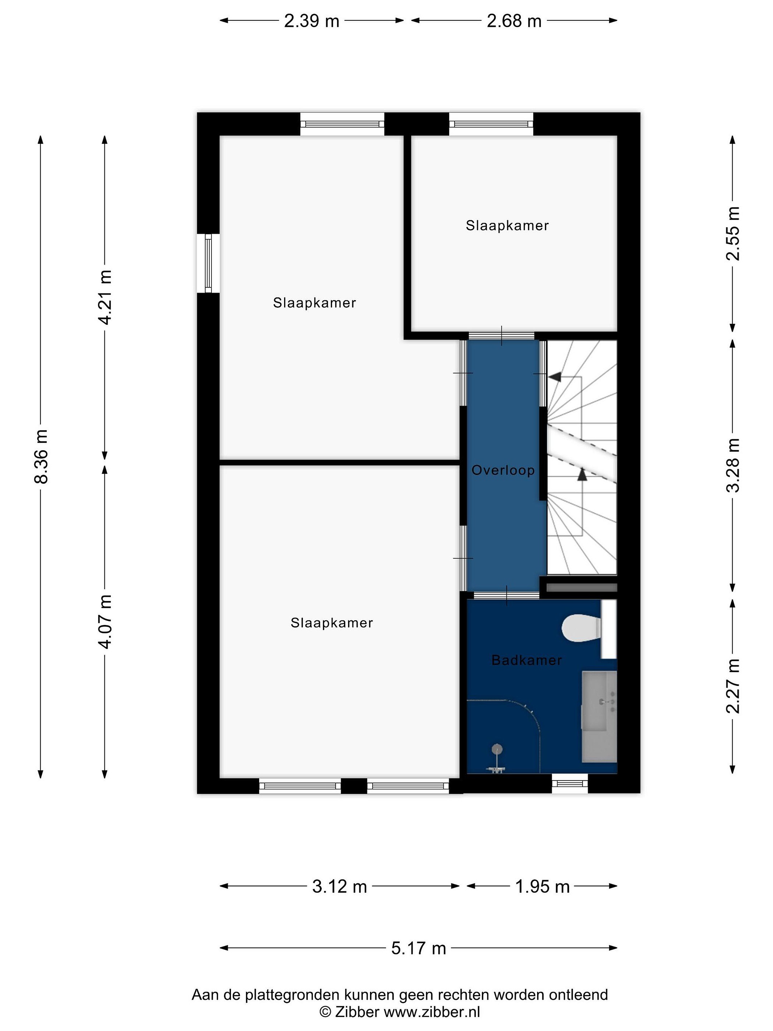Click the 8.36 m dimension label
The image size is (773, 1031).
[x=41, y=456]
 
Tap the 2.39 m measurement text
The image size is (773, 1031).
[x=312, y=21]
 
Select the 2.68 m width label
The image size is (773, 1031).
[x=514, y=21]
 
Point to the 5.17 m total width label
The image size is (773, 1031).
[x=418, y=948]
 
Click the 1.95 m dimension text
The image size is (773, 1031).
[x=543, y=886]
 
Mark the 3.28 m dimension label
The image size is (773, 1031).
[x=733, y=465]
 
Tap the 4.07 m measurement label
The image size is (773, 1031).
[x=105, y=622]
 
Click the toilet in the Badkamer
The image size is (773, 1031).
[x=582, y=628]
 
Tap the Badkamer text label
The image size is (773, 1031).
[x=526, y=660]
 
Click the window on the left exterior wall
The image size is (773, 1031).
[x=208, y=263]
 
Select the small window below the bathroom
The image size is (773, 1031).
[x=569, y=784]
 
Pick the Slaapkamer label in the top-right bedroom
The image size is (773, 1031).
[x=507, y=226]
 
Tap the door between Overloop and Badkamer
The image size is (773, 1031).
[x=506, y=596]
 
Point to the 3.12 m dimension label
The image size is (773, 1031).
[x=340, y=886]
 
